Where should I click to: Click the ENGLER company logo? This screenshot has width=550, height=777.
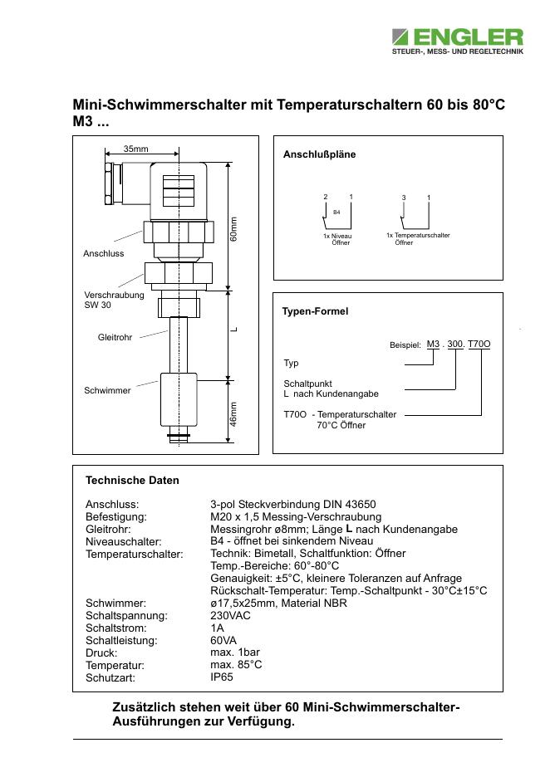pyautogui.click(x=458, y=42)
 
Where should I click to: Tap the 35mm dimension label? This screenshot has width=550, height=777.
pyautogui.click(x=135, y=149)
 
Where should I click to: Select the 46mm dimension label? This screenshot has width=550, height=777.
pyautogui.click(x=234, y=414)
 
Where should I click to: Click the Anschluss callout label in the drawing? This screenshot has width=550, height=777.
pyautogui.click(x=103, y=253)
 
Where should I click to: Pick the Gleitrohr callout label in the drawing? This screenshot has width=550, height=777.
pyautogui.click(x=115, y=338)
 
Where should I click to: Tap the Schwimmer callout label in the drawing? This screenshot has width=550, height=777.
pyautogui.click(x=107, y=390)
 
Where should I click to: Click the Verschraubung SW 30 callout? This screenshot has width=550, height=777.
pyautogui.click(x=114, y=300)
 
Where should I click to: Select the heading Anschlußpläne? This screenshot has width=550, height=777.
pyautogui.click(x=320, y=154)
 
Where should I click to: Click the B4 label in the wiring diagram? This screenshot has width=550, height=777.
pyautogui.click(x=336, y=213)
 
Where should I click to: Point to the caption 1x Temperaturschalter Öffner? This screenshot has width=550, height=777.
pyautogui.click(x=418, y=239)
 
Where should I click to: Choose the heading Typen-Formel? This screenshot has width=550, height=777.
pyautogui.click(x=316, y=311)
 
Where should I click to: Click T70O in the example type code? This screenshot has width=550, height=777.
pyautogui.click(x=479, y=344)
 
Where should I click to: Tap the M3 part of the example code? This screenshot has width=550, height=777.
pyautogui.click(x=433, y=344)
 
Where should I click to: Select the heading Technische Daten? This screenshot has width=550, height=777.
pyautogui.click(x=132, y=480)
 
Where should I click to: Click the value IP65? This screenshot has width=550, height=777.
pyautogui.click(x=222, y=677)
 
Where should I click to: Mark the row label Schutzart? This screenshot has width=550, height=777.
pyautogui.click(x=110, y=678)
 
